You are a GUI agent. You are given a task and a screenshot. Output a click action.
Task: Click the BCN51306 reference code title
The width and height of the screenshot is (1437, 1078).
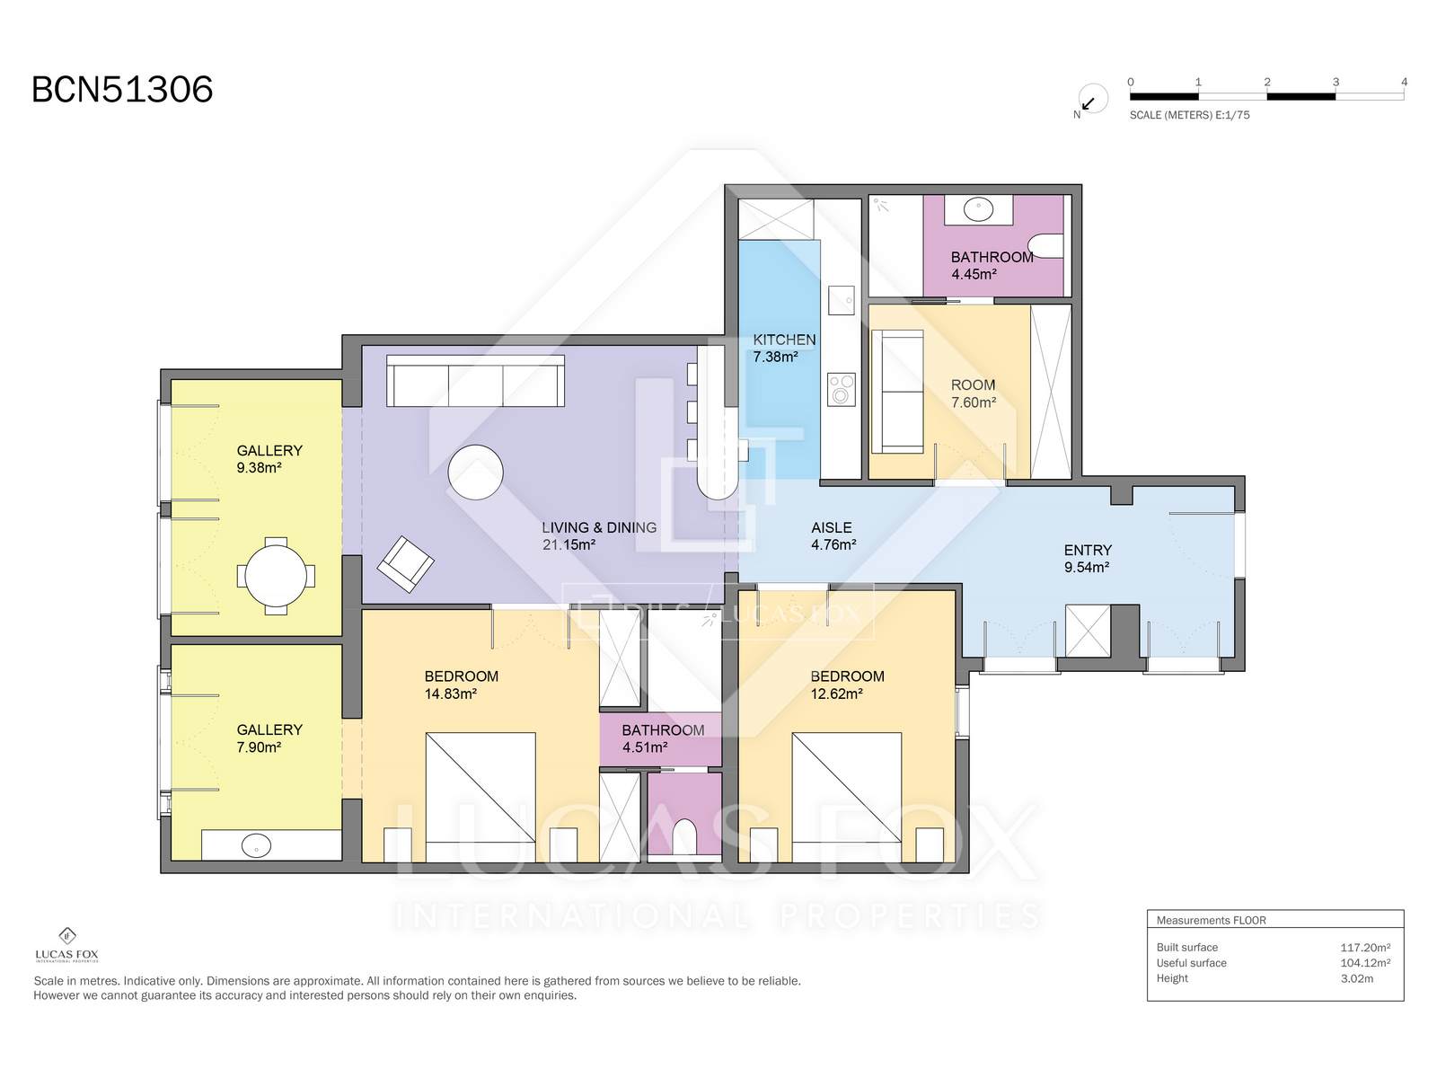pyautogui.click(x=122, y=89)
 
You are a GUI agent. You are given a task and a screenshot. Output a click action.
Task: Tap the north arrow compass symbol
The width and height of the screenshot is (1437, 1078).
pyautogui.click(x=1092, y=100)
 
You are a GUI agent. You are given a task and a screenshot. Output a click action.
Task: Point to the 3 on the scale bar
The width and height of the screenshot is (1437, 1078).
pyautogui.click(x=1336, y=82)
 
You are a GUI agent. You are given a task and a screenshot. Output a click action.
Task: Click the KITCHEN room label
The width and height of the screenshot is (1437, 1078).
pyautogui.click(x=784, y=340)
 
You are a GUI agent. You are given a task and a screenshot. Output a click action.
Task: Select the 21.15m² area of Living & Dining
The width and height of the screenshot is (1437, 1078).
pyautogui.click(x=569, y=544)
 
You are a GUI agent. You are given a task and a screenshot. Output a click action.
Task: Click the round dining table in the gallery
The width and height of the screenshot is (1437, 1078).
pyautogui.click(x=276, y=576)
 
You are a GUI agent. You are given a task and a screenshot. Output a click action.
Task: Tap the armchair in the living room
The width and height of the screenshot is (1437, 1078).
pyautogui.click(x=405, y=564)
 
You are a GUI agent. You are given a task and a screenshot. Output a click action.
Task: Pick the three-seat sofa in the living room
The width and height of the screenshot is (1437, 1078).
pyautogui.click(x=475, y=381)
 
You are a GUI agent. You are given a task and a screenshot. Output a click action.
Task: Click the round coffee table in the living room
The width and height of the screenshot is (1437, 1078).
pyautogui.click(x=475, y=472)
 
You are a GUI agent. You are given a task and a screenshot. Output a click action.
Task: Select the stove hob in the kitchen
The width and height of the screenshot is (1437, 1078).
pyautogui.click(x=842, y=390)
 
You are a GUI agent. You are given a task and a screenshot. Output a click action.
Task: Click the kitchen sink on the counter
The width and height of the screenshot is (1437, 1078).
pyautogui.click(x=842, y=300)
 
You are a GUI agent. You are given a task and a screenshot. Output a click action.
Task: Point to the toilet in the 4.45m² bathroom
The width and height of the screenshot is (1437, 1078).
pyautogui.click(x=1047, y=246)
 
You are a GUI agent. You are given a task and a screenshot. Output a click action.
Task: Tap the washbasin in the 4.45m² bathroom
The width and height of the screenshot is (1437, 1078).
pyautogui.click(x=978, y=209)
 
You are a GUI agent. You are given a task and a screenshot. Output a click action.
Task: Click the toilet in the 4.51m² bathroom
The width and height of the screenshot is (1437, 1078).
pyautogui.click(x=684, y=835)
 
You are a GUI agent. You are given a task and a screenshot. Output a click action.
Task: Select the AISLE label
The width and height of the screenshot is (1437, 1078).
pyautogui.click(x=832, y=527)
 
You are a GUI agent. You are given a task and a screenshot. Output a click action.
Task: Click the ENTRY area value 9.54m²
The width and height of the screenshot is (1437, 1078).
pyautogui.click(x=1086, y=568)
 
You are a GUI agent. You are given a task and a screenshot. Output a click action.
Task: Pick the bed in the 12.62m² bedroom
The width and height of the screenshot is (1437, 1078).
pyautogui.click(x=847, y=797)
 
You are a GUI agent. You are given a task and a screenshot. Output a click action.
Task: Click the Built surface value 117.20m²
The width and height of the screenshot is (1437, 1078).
pyautogui.click(x=1365, y=947)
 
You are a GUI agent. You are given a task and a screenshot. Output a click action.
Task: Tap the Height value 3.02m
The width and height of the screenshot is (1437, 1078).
pyautogui.click(x=1356, y=978)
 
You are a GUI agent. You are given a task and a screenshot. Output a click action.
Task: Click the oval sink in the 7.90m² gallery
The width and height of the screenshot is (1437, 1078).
pyautogui.click(x=256, y=845)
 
